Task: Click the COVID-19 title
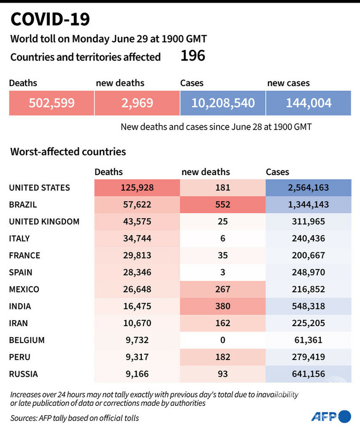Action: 50,20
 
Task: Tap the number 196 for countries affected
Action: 192,56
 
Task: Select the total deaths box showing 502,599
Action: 52,103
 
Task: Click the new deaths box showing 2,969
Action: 137,103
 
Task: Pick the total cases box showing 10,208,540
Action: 223,103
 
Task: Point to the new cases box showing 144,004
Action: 309,103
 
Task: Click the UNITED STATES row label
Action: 40,188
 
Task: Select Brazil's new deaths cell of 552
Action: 223,204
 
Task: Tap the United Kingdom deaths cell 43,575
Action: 136,221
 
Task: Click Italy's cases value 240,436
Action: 309,238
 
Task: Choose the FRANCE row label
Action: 24,255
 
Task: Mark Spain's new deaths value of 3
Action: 223,272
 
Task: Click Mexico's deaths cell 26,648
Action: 136,289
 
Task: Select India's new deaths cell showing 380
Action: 223,306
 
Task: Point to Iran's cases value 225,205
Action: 309,323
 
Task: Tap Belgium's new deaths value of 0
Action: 223,340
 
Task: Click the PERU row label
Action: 20,357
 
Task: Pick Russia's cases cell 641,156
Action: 309,374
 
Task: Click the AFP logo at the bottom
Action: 331,416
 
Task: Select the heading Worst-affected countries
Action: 68,152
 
